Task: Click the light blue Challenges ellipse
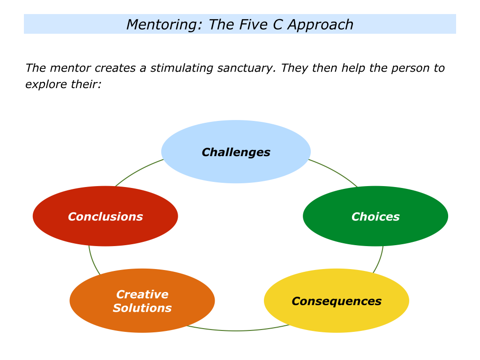(236, 151)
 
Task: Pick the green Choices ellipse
(375, 216)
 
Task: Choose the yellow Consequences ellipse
(337, 300)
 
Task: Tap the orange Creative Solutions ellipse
(142, 300)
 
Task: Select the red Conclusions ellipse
(105, 216)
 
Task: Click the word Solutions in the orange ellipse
(142, 308)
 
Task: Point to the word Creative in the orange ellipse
(142, 294)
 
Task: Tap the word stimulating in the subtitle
(181, 68)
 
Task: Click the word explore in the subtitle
(46, 84)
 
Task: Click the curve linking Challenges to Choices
(334, 171)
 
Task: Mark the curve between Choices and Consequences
(379, 260)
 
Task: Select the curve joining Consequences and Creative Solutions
(237, 330)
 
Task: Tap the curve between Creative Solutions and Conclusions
(93, 261)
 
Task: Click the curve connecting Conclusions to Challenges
(138, 171)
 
